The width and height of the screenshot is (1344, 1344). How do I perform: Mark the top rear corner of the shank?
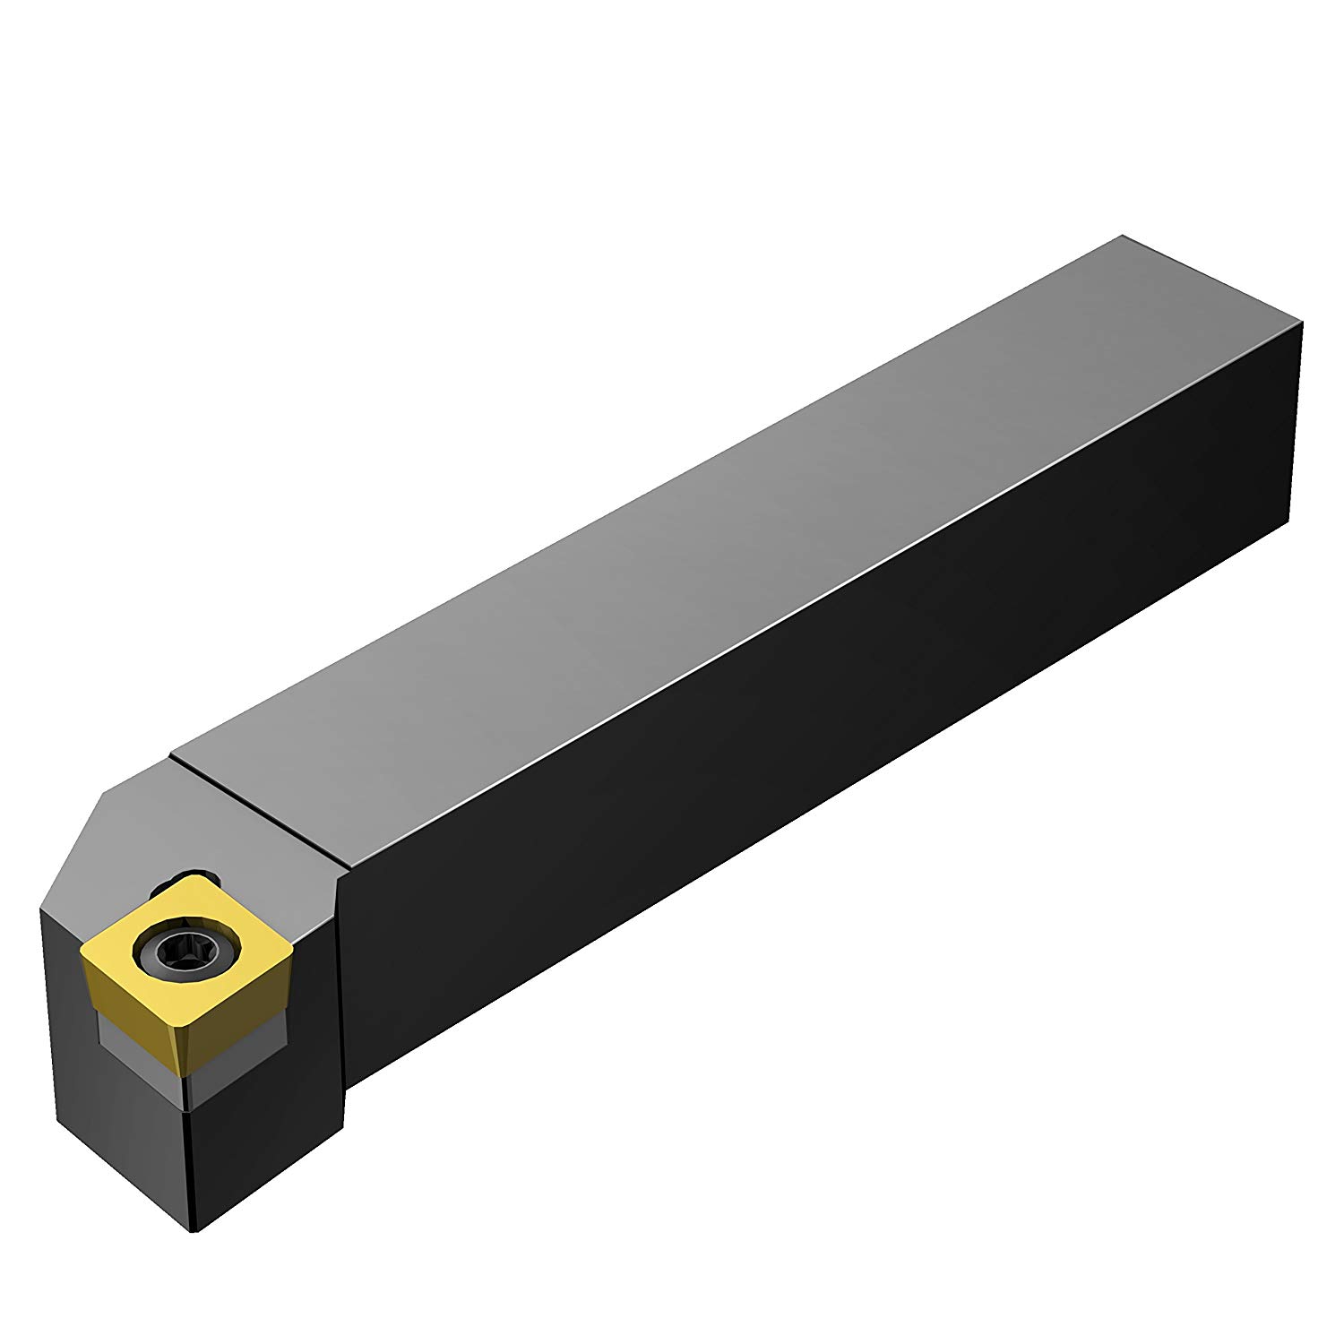(1122, 237)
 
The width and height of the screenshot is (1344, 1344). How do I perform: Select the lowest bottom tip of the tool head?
(193, 1234)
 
